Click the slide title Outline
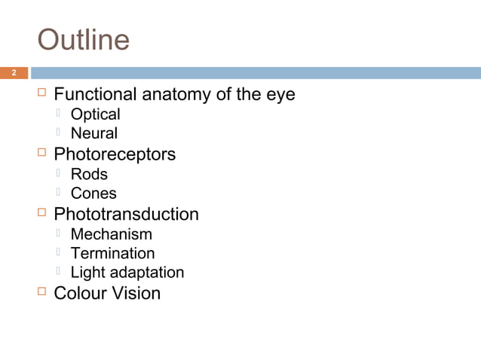click(84, 40)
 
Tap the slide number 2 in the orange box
click(13, 73)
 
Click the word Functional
click(95, 95)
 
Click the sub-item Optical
click(95, 114)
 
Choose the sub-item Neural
click(93, 133)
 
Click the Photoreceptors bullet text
click(115, 154)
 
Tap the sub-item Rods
click(89, 174)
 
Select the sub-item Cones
click(93, 194)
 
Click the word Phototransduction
click(126, 214)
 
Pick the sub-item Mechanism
click(111, 234)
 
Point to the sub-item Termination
click(112, 253)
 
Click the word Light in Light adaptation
click(87, 273)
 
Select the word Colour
click(81, 293)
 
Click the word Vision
click(136, 293)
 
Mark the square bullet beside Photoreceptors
click(42, 153)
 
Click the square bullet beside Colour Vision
click(42, 291)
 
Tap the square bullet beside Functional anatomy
click(42, 93)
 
